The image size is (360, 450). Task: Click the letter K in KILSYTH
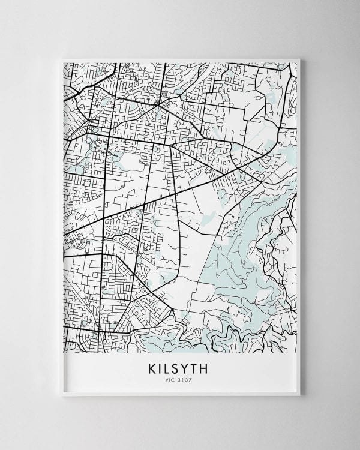[x=148, y=366]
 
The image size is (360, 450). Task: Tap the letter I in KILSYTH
[x=157, y=366]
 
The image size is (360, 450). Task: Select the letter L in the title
[x=166, y=366]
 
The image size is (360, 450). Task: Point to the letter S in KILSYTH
[x=176, y=366]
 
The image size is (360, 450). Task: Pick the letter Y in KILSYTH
[x=187, y=366]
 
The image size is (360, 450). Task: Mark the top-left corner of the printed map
[x=64, y=61]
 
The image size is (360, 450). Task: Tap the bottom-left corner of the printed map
[x=64, y=352]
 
